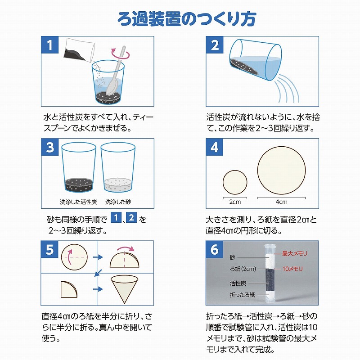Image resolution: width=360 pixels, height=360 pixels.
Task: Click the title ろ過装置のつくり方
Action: click(187, 18)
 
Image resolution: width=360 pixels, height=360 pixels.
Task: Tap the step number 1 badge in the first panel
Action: click(50, 45)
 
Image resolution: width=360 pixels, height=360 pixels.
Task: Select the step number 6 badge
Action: click(215, 249)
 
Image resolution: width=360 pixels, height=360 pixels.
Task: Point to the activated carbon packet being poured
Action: click(78, 50)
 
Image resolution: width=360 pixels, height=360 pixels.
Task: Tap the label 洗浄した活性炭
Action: click(78, 202)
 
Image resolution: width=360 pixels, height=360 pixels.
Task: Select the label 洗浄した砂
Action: click(118, 202)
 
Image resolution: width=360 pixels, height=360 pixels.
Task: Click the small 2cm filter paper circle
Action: click(235, 182)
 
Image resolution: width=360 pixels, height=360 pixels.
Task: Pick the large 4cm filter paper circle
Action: click(282, 171)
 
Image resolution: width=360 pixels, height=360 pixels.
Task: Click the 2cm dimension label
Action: click(235, 202)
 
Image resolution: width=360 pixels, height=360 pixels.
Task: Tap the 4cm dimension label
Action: click(282, 202)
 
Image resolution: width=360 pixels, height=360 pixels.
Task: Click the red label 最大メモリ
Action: click(295, 253)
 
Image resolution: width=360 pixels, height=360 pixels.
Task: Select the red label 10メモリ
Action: click(292, 269)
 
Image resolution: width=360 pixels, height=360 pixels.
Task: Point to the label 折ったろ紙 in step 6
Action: click(242, 295)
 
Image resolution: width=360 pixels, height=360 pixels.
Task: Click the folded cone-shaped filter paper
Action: click(125, 289)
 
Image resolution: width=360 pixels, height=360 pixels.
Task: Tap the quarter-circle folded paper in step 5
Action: click(69, 289)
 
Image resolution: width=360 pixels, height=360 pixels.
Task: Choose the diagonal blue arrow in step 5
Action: click(98, 273)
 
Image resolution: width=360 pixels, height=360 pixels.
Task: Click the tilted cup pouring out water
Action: click(255, 60)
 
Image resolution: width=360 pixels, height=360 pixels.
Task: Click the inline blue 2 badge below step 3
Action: click(131, 217)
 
